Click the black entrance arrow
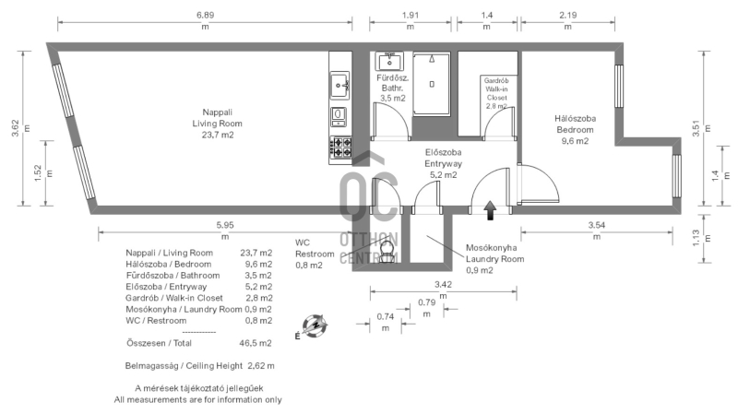(490, 210)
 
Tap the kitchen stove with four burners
(340, 147)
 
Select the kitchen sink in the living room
(339, 85)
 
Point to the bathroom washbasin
(389, 62)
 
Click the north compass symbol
(314, 326)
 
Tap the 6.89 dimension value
(205, 15)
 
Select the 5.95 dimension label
(225, 225)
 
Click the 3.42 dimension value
(443, 285)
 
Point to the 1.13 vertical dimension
(696, 238)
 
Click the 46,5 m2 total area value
(256, 343)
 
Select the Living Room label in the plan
(217, 124)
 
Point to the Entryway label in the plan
(443, 164)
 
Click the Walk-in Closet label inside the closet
(496, 93)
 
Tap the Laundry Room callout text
(494, 259)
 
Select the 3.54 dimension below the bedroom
(596, 225)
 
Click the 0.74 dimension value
(385, 316)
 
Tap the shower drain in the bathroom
(432, 84)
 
